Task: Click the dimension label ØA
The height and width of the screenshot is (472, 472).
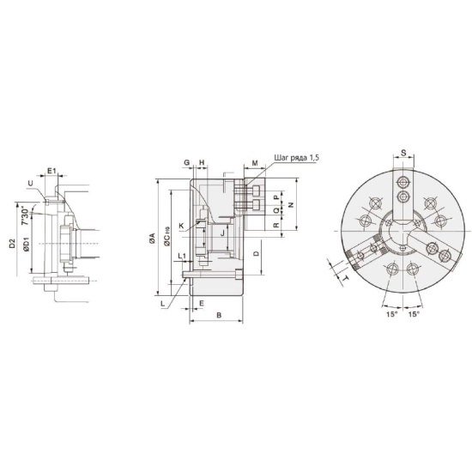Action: (151, 238)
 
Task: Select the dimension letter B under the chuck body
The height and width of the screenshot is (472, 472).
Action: (219, 315)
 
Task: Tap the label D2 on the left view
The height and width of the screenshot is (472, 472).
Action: (12, 243)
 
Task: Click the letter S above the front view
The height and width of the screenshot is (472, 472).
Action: (403, 153)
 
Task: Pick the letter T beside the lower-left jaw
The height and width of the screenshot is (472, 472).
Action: (346, 279)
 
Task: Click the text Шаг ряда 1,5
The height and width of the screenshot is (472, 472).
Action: (297, 157)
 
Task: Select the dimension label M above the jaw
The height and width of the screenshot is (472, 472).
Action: (255, 163)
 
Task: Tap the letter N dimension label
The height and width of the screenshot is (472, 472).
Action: (291, 205)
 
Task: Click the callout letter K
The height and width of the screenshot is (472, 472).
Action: (181, 226)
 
